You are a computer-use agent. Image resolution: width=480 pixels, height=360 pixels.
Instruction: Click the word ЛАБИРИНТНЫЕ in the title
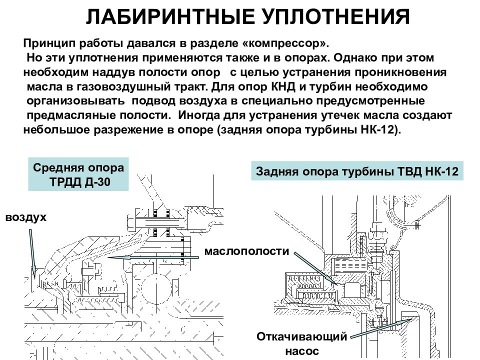170,16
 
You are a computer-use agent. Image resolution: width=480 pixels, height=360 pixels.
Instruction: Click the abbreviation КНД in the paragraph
283,86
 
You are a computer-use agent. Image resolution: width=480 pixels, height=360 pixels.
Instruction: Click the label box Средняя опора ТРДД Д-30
78,174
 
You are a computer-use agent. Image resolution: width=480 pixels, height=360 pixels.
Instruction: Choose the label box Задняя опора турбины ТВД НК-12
357,171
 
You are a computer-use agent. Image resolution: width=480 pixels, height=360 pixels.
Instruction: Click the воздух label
26,217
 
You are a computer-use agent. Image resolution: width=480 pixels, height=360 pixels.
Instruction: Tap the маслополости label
246,251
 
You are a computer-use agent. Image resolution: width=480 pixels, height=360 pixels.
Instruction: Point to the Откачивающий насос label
302,343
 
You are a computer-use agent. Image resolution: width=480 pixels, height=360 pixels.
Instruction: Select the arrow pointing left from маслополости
153,257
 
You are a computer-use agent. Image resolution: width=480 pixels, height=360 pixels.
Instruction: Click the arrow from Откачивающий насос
381,328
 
